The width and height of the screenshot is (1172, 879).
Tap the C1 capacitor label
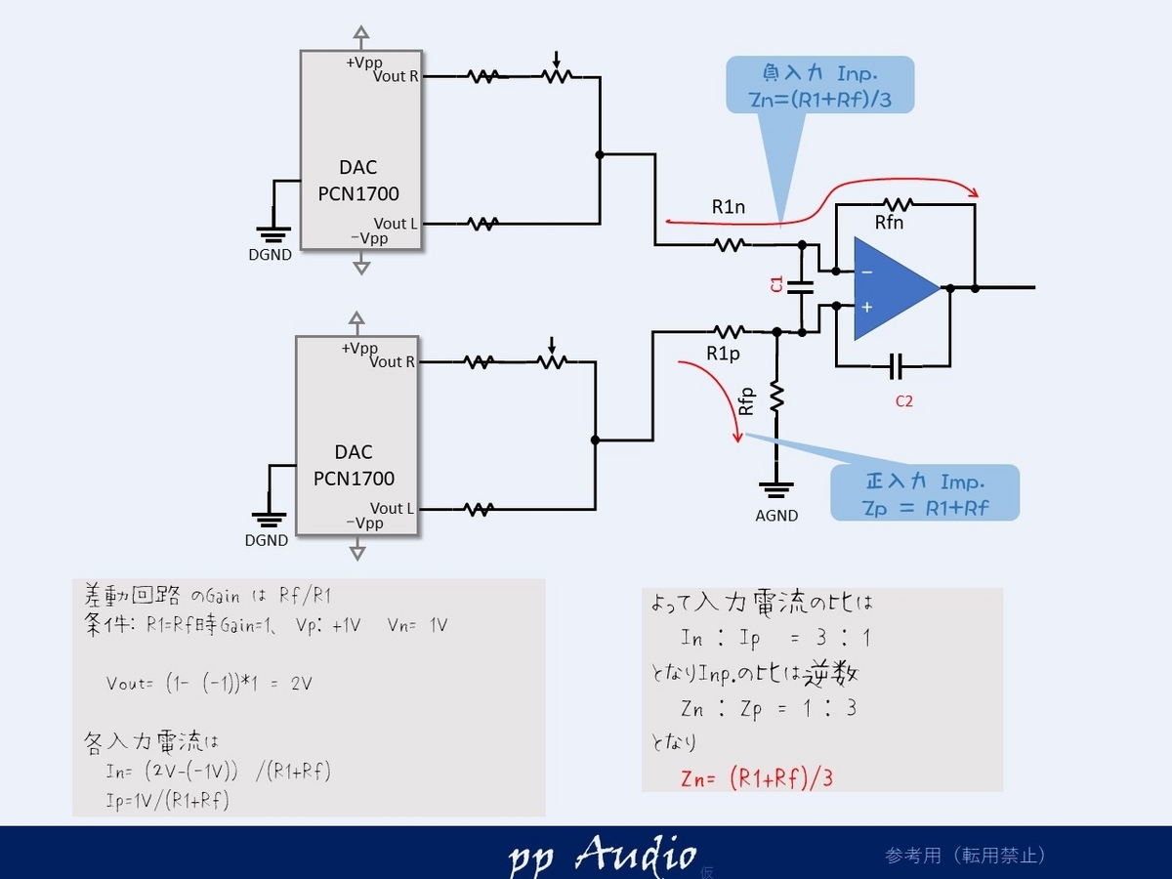[776, 284]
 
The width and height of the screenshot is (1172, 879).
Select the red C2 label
[904, 401]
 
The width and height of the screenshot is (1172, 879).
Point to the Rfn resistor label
[889, 222]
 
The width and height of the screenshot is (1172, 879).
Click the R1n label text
[729, 206]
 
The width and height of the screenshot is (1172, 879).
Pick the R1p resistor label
[723, 354]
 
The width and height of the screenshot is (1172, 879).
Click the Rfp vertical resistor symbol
[776, 398]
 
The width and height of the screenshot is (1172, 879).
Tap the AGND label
[776, 516]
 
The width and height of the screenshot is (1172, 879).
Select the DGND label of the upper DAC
[271, 255]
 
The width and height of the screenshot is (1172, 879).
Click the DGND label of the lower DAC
[267, 540]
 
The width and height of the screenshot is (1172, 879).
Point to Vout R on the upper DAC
[396, 76]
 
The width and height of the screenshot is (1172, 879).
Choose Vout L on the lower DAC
[392, 508]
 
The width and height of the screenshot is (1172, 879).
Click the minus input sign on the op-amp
[866, 272]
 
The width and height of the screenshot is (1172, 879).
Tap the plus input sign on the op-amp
[866, 307]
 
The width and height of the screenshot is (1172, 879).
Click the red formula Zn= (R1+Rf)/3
[757, 778]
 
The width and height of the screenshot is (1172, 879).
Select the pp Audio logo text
[603, 855]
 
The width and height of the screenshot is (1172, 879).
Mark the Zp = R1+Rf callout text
[925, 508]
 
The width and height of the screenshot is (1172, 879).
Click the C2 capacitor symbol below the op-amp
[896, 366]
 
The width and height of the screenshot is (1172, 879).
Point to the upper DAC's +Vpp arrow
[361, 34]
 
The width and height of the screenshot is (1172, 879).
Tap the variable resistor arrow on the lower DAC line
[552, 346]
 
